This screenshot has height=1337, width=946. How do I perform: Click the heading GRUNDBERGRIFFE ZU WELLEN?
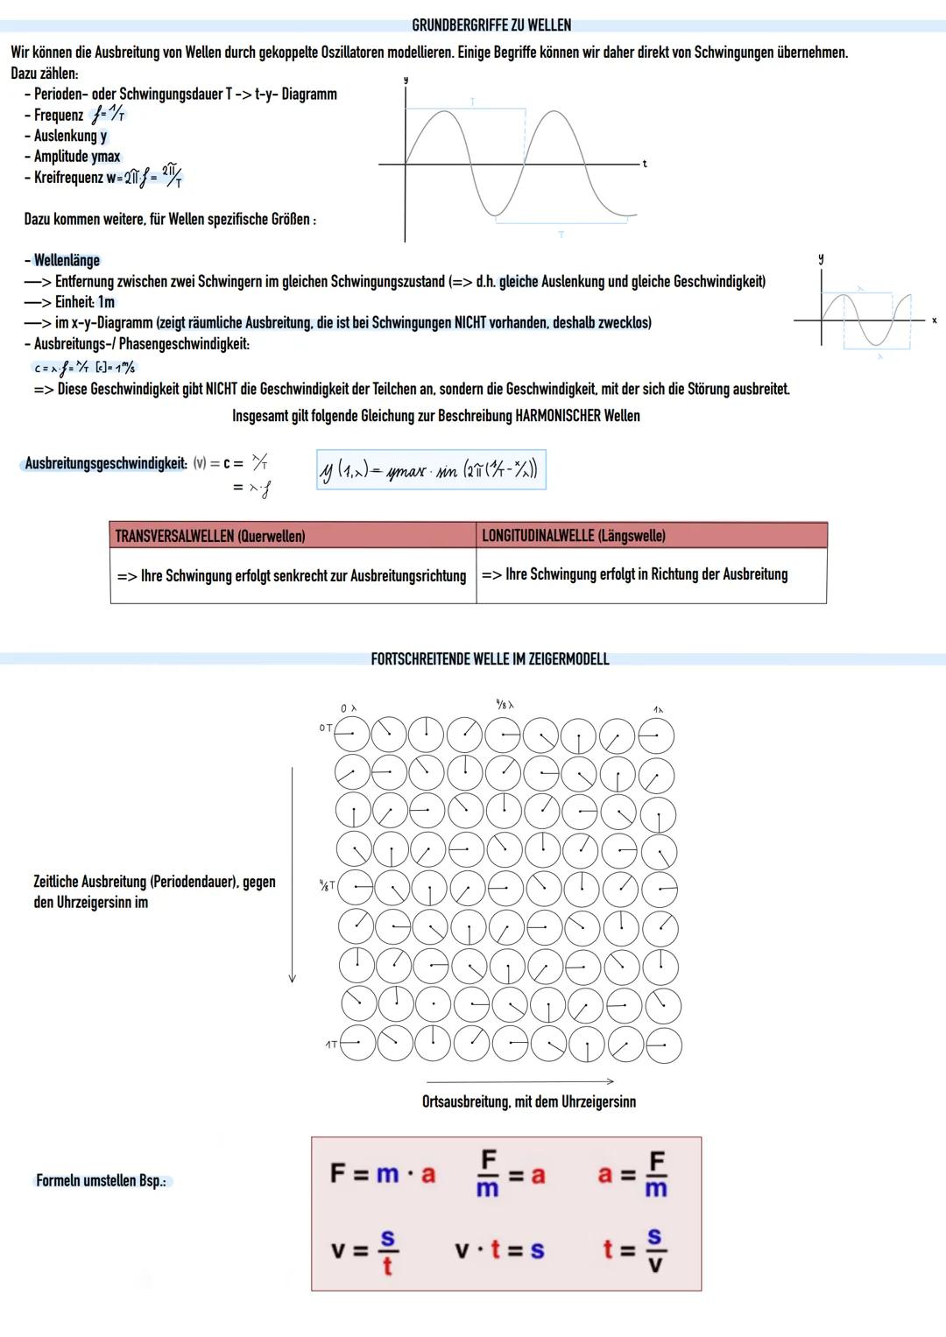pyautogui.click(x=491, y=25)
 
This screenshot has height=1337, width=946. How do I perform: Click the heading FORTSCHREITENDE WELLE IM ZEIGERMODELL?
pyautogui.click(x=490, y=659)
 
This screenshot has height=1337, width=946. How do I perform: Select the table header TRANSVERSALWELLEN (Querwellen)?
pyautogui.click(x=210, y=536)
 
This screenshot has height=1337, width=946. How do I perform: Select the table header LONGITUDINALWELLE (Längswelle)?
pyautogui.click(x=574, y=536)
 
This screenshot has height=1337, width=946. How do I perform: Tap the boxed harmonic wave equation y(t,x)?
pyautogui.click(x=430, y=470)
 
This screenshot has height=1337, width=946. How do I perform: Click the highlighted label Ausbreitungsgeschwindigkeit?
pyautogui.click(x=105, y=463)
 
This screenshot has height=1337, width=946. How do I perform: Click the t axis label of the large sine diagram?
pyautogui.click(x=645, y=164)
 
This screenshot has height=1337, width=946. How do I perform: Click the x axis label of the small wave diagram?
pyautogui.click(x=934, y=320)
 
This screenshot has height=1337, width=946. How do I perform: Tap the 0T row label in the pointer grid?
pyautogui.click(x=325, y=728)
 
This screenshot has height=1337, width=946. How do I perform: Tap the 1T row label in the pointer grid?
pyautogui.click(x=331, y=1045)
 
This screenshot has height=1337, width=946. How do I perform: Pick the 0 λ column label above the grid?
pyautogui.click(x=348, y=707)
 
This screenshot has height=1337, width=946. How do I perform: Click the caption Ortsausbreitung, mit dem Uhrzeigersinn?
pyautogui.click(x=529, y=1101)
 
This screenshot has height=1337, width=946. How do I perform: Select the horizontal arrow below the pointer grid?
pyautogui.click(x=519, y=1081)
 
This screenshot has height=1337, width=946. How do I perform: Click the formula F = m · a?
pyautogui.click(x=383, y=1173)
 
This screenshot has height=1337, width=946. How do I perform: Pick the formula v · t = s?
pyautogui.click(x=499, y=1249)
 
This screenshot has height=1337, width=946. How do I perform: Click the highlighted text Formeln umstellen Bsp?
pyautogui.click(x=101, y=1181)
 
